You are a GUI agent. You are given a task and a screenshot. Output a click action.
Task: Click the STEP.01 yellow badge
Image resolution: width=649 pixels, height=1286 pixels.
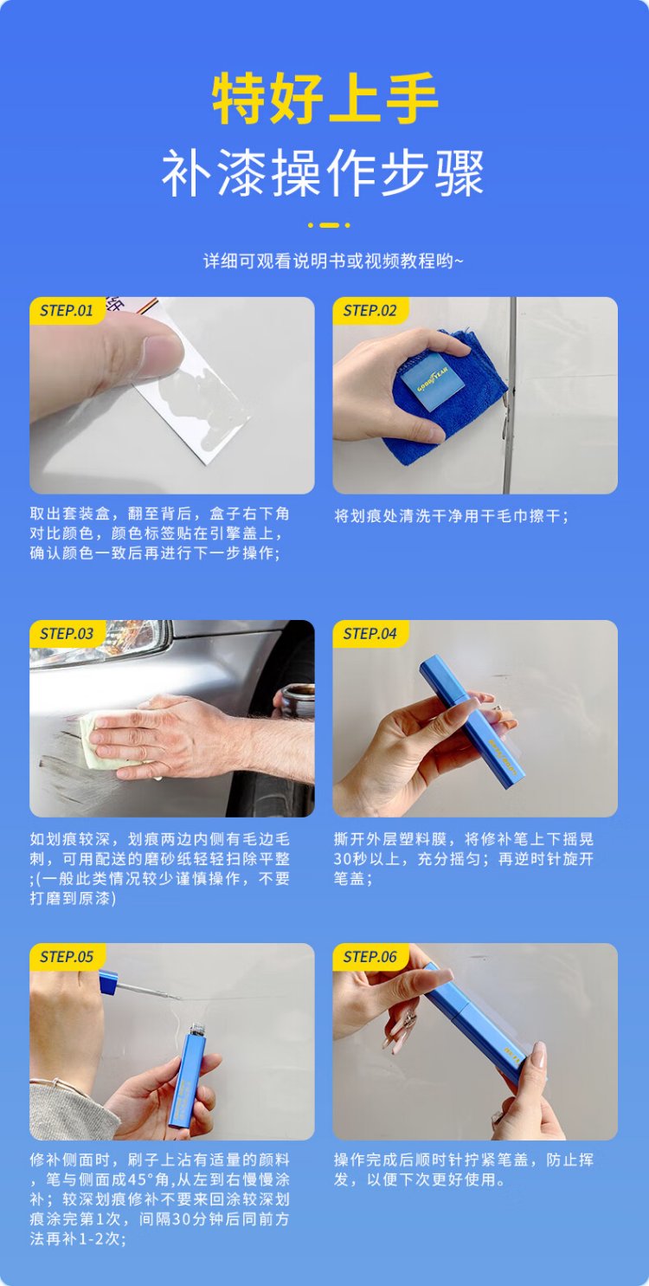tap(67, 311)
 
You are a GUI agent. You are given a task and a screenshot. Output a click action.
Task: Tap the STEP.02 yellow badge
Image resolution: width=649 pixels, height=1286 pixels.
tap(370, 311)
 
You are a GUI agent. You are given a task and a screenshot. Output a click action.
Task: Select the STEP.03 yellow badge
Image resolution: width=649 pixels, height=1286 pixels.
tap(67, 634)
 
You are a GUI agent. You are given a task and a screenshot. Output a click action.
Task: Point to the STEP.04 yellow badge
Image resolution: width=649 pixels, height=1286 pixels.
tap(370, 634)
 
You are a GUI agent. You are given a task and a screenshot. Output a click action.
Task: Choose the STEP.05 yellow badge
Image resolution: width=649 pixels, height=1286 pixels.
tap(67, 957)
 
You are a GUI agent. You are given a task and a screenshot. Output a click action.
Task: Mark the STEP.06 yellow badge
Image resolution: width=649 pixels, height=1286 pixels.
tap(370, 957)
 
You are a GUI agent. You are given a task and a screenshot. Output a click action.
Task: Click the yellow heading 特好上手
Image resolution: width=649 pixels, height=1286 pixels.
tap(324, 98)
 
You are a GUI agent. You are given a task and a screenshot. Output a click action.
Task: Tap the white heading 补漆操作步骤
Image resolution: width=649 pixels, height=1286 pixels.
tap(324, 173)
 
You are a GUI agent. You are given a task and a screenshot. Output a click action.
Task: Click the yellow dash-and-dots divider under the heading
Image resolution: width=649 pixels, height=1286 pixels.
tap(329, 225)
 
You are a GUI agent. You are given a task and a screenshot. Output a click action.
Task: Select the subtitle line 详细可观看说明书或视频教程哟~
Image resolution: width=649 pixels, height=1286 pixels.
tap(333, 262)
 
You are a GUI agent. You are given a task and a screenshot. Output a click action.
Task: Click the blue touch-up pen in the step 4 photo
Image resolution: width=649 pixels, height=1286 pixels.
tap(472, 723)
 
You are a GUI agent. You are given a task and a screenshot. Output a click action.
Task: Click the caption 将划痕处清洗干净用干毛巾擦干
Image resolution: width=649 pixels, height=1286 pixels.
tap(451, 516)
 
